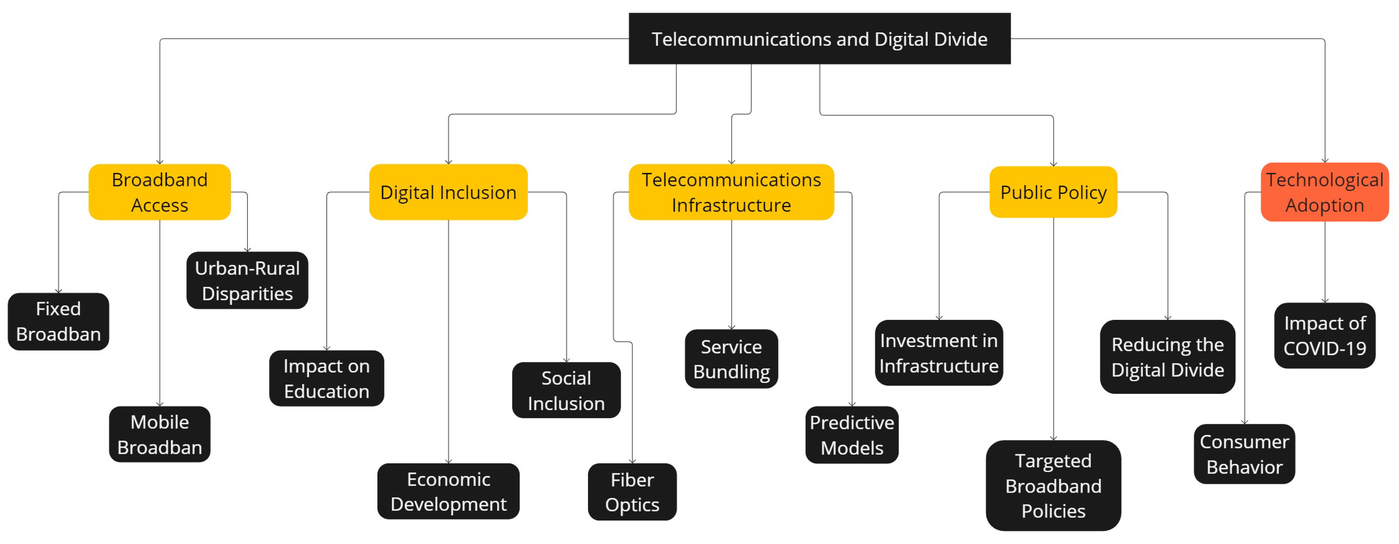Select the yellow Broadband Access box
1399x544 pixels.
click(x=159, y=192)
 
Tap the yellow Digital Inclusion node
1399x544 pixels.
click(x=448, y=192)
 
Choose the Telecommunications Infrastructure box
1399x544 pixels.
click(x=731, y=192)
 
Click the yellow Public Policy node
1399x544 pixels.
click(x=1053, y=192)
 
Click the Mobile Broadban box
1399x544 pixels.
click(x=159, y=434)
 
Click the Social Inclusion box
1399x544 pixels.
click(x=566, y=390)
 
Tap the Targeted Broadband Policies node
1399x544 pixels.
click(x=1053, y=485)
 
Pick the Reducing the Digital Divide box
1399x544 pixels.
click(x=1167, y=356)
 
